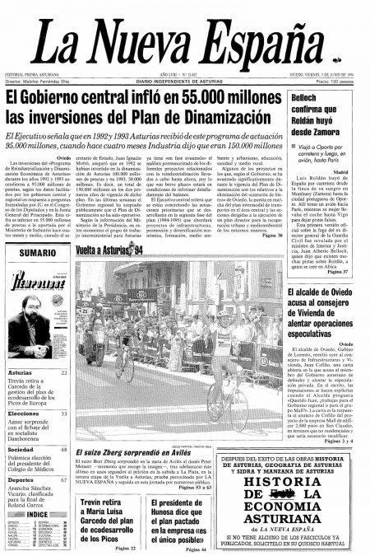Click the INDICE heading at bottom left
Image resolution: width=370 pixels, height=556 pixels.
[x=37, y=514]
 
